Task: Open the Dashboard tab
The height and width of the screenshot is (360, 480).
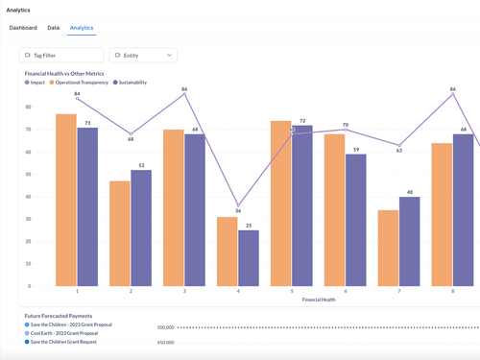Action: (23, 28)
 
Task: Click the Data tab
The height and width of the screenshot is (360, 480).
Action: (54, 28)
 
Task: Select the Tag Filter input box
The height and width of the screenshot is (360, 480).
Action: (61, 56)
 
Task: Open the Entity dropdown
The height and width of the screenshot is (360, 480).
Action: (143, 56)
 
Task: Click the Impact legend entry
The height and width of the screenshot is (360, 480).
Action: (35, 83)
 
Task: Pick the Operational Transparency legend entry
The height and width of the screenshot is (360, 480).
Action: (79, 83)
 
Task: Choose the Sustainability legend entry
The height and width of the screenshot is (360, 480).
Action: (130, 83)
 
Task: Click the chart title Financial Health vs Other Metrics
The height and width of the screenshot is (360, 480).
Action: (64, 74)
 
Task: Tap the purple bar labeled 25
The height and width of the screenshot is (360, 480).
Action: (249, 258)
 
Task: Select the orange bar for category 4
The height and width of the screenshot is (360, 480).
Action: (228, 252)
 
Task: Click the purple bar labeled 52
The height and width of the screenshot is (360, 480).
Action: (141, 228)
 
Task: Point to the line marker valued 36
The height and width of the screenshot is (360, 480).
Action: (238, 205)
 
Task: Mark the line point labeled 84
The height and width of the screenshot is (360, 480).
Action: (77, 98)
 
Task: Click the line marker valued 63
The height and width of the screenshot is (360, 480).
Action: (399, 145)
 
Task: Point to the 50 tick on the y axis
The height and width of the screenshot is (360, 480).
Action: (28, 175)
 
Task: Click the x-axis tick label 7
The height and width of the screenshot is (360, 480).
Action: (399, 291)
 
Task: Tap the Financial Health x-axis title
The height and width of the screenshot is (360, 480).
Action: (319, 300)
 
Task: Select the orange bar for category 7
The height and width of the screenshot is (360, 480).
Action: (388, 248)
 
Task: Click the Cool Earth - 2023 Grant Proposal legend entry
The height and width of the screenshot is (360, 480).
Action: (61, 333)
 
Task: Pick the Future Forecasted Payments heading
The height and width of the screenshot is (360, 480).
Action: (59, 316)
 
